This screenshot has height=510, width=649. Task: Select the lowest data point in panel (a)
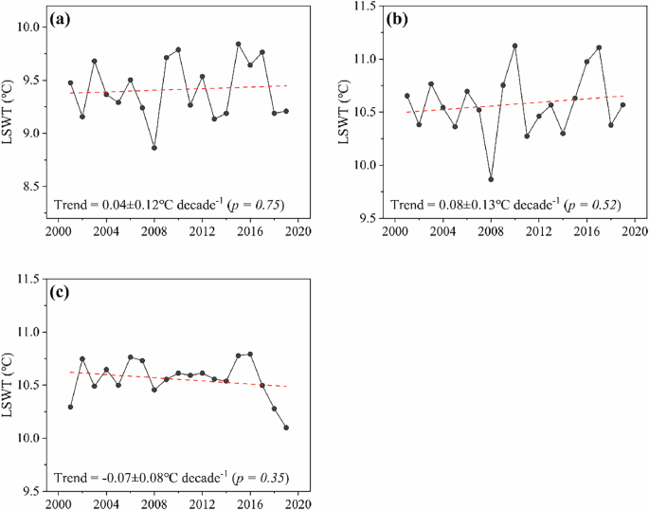coord(154,148)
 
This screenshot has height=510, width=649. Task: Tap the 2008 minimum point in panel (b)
coord(491,179)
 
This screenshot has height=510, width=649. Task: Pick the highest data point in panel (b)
coord(514,46)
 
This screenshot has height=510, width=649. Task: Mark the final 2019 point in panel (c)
coord(286,428)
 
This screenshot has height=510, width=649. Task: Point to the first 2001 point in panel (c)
coord(70,407)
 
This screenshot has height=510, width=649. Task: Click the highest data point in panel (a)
coord(238,44)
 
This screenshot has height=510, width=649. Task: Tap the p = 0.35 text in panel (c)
coord(260,477)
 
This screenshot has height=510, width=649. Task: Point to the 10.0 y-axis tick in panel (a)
coord(34,27)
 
